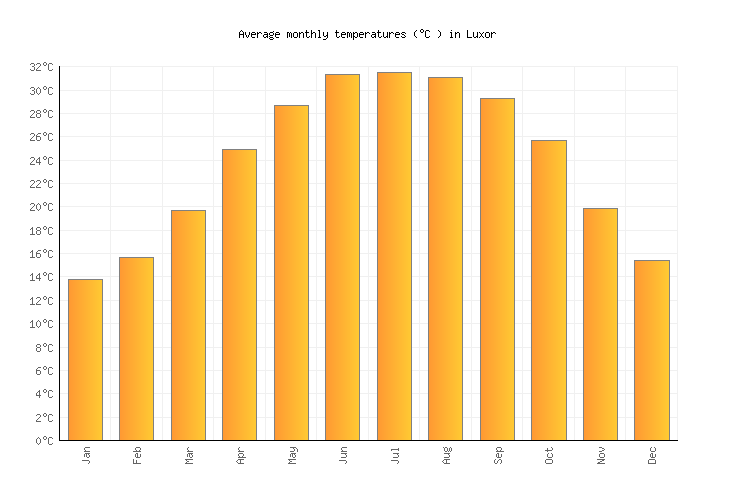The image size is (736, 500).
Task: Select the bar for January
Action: click(85, 360)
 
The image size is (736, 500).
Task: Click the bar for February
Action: click(136, 349)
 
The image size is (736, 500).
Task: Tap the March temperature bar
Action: click(188, 325)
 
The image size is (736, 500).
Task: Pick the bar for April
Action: click(239, 295)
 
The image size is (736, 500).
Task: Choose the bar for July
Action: click(394, 256)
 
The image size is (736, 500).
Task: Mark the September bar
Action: click(497, 269)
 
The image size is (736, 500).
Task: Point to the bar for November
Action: click(600, 324)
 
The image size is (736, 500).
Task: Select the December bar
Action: click(651, 350)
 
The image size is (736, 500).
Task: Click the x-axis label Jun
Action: click(343, 455)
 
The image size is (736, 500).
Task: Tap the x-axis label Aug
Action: click(446, 456)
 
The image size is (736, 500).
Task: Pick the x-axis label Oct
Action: click(549, 455)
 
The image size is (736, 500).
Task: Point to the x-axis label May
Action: click(292, 455)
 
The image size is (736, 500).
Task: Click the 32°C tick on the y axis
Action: click(41, 67)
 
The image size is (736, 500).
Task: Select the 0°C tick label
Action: click(44, 441)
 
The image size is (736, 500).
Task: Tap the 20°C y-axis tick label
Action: click(41, 207)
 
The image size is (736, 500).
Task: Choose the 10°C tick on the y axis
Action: click(41, 324)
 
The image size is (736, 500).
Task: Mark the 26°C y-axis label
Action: click(41, 137)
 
